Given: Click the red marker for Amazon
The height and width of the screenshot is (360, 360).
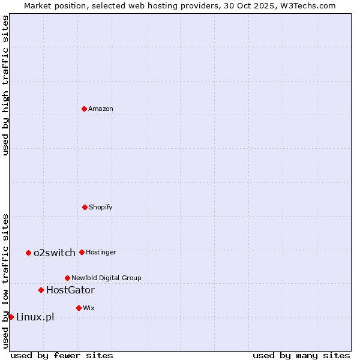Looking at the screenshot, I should (84, 109).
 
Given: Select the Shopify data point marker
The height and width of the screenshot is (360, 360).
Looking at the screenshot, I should (85, 207).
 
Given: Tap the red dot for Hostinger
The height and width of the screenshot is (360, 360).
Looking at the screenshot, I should (82, 253).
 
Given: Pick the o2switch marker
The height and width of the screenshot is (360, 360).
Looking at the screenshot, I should (28, 253).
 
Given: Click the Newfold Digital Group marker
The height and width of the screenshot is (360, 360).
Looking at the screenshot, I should (67, 278).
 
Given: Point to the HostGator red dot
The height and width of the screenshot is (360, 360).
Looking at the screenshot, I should (41, 290).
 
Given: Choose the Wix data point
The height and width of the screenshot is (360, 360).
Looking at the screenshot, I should (79, 308).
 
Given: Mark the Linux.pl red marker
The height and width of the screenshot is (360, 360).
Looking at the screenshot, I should (11, 317).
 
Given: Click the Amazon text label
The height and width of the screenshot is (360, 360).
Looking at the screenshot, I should (101, 109).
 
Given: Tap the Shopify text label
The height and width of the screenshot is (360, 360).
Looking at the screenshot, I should (101, 208).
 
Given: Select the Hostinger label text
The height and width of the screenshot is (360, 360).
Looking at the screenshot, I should (101, 253).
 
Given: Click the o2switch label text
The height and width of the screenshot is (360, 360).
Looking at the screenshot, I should (55, 253).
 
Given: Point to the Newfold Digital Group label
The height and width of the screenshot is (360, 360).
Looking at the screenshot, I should (106, 278).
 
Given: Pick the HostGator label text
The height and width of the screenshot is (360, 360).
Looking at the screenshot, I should (70, 290).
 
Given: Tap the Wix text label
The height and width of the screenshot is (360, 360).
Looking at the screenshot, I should (89, 308).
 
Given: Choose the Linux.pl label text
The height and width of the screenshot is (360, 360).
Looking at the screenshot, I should (35, 317).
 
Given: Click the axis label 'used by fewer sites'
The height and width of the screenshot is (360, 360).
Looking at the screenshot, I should (62, 356).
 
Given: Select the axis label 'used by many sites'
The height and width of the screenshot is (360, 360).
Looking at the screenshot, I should (301, 356).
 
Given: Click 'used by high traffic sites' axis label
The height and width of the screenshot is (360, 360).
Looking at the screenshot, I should (6, 85).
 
